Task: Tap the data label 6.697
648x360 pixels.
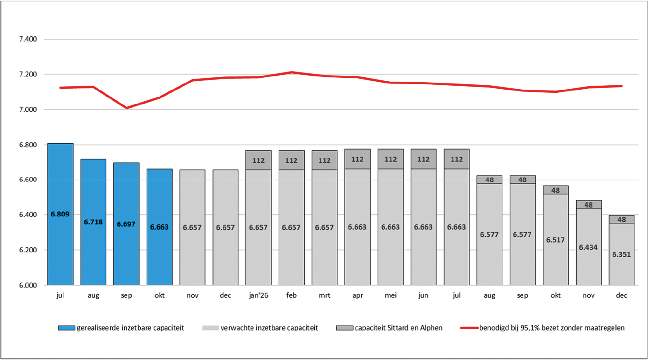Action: tap(126, 224)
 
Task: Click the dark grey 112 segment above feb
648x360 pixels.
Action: tap(292, 160)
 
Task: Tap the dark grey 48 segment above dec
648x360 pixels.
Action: tap(622, 219)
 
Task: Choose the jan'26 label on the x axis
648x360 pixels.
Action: tap(258, 296)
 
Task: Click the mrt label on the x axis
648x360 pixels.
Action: tap(325, 296)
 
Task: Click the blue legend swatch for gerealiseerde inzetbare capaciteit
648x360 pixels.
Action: tap(66, 328)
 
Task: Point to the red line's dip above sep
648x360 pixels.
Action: tap(126, 108)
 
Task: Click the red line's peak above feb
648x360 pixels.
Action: tap(292, 72)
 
